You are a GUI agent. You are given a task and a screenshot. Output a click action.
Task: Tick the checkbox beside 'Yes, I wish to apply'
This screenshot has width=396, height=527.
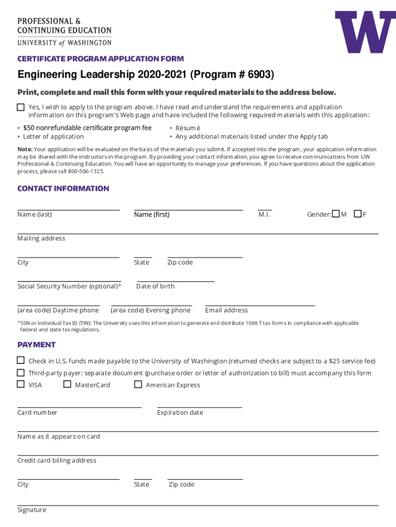[x=21, y=107]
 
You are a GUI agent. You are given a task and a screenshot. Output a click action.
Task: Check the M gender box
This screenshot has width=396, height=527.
[x=336, y=214]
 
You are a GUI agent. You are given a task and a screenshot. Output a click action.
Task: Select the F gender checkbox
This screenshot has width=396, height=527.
[x=357, y=214]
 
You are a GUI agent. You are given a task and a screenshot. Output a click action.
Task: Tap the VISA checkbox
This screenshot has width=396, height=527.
[x=21, y=384]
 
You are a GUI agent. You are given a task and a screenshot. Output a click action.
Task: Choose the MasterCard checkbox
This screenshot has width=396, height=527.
[x=67, y=384]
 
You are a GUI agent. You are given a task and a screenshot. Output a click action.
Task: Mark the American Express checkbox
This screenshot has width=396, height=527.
[x=138, y=384]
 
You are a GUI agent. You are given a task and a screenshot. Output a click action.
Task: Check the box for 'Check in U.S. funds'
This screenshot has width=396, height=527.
[x=21, y=360]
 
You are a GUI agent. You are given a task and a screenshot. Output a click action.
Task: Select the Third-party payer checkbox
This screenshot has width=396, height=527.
[x=21, y=372]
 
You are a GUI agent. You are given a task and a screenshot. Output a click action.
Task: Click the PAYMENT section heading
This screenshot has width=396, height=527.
[x=37, y=345]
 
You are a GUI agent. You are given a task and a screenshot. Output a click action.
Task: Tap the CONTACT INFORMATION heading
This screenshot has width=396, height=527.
[x=63, y=188]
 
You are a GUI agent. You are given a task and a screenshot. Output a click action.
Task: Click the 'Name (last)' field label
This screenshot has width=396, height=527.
[x=34, y=215]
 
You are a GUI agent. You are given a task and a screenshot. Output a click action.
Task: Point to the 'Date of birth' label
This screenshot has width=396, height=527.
[x=155, y=287]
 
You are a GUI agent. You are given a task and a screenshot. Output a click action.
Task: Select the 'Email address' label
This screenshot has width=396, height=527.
[x=226, y=310]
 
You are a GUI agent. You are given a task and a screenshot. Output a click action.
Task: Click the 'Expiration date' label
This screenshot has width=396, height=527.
[x=180, y=413]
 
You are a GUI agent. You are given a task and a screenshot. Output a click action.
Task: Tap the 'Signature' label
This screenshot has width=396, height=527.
[x=32, y=510]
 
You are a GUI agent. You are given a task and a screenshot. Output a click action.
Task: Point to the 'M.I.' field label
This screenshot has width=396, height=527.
[x=264, y=215]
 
